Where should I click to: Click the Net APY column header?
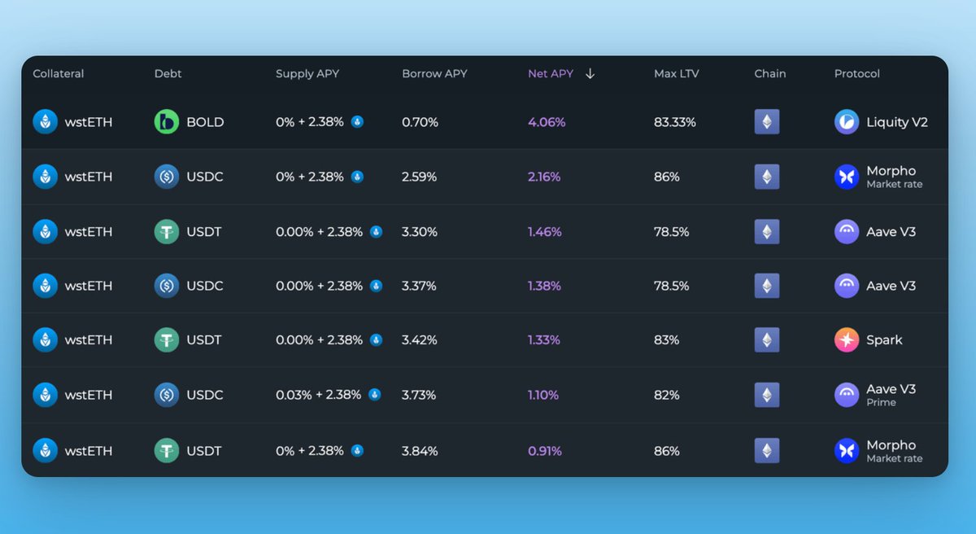click(x=551, y=73)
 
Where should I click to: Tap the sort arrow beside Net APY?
click(x=590, y=73)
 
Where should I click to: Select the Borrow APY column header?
click(x=434, y=73)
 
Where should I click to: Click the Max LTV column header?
click(x=676, y=73)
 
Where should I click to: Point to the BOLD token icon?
click(x=167, y=122)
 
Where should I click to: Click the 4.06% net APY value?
click(x=547, y=122)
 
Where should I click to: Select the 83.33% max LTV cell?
click(x=675, y=122)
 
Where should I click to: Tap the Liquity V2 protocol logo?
click(x=847, y=122)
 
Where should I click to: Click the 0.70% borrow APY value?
click(x=420, y=122)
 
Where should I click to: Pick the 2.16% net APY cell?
click(x=544, y=177)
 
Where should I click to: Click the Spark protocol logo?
click(x=847, y=340)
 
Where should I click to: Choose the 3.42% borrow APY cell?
click(x=420, y=340)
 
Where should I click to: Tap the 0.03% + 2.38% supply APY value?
click(x=319, y=395)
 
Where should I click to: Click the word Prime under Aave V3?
click(x=881, y=402)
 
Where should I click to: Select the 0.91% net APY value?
click(x=545, y=451)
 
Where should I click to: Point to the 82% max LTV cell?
click(x=666, y=395)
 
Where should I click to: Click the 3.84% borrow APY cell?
click(x=420, y=451)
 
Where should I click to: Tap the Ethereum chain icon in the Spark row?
click(x=767, y=340)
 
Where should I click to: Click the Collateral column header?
click(x=59, y=73)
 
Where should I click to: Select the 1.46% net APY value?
click(x=544, y=232)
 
